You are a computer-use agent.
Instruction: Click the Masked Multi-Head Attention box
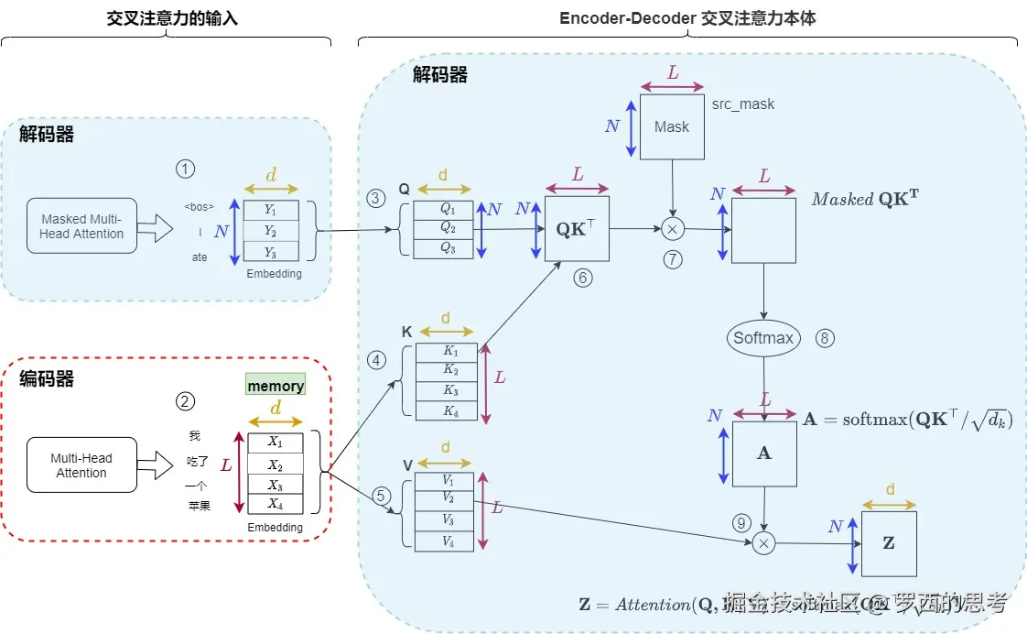81,226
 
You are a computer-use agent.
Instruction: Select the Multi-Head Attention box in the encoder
81,465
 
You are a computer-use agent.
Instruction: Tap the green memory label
276,386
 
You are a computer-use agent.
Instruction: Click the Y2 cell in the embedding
271,231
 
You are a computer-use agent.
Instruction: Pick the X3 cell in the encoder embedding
276,485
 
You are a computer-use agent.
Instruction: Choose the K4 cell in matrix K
447,410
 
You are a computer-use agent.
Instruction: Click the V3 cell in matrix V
447,520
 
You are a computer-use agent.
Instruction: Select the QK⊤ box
577,229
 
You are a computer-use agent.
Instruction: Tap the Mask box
672,126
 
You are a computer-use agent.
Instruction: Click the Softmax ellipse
763,338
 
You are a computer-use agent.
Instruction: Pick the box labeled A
764,454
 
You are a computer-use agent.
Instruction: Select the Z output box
889,543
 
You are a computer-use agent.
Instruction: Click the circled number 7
674,259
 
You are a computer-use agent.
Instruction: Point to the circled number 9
741,523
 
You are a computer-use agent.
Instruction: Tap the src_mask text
743,104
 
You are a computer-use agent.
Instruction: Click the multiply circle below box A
763,544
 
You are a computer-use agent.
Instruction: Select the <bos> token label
199,206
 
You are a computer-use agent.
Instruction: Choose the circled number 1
186,169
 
